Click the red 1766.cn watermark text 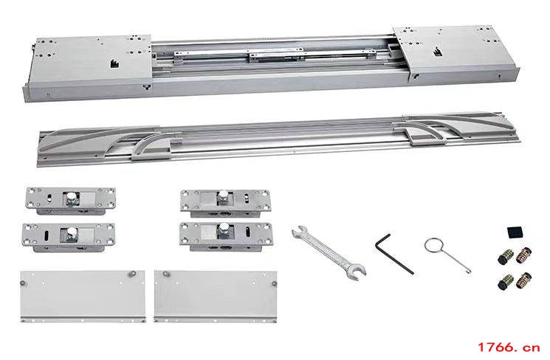click(508, 347)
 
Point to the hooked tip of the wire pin click(469, 270)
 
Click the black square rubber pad click(515, 232)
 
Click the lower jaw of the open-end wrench click(357, 272)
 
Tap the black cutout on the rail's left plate click(114, 63)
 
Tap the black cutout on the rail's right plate click(437, 52)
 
